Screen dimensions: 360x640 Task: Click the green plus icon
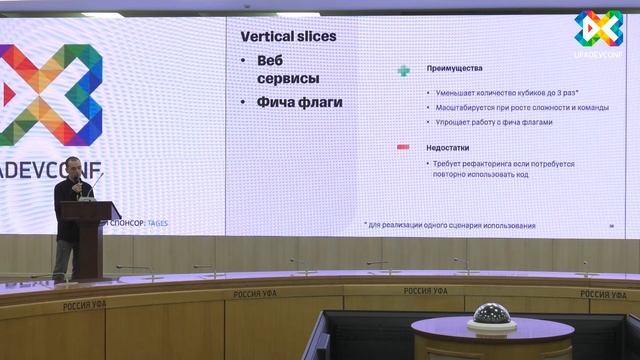(404, 70)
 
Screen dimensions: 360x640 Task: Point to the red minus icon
(404, 147)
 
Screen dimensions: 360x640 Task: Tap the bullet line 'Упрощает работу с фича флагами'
(494, 122)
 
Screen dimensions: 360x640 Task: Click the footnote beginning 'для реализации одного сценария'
(450, 225)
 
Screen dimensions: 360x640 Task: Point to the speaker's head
(73, 186)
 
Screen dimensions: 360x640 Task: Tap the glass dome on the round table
(492, 316)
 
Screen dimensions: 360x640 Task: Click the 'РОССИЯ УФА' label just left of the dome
(426, 291)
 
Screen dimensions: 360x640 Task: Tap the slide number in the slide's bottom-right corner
(611, 226)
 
